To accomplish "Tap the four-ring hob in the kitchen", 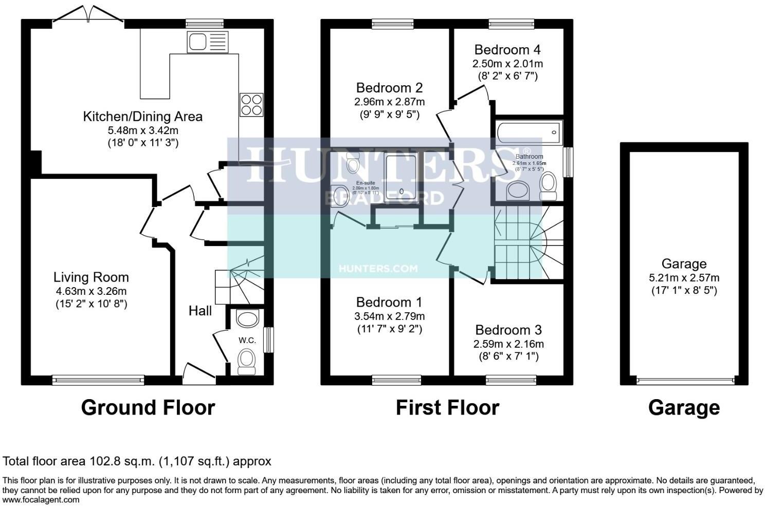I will tap(251, 105).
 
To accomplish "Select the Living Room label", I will tap(91, 277).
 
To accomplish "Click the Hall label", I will tap(200, 310).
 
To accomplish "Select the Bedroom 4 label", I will tap(507, 50).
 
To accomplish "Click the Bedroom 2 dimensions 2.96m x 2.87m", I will tap(390, 102).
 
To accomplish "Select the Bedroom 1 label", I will tap(389, 302).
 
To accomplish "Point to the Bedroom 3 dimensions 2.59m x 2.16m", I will tap(508, 344).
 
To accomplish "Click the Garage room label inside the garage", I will tap(684, 264).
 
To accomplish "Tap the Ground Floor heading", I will tap(148, 407).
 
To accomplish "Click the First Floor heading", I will tap(447, 407).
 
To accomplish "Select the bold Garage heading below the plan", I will tap(684, 407).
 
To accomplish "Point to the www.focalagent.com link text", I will tap(41, 500).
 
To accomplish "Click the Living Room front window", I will tap(98, 380).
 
